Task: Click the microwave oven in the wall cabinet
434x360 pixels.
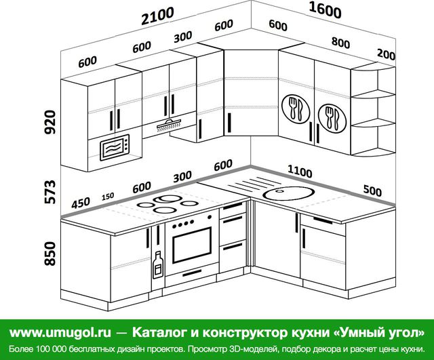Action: click(x=115, y=147)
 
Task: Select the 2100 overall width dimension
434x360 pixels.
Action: click(x=158, y=16)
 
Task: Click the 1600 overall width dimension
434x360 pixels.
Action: click(x=325, y=10)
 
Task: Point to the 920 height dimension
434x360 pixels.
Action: click(x=50, y=122)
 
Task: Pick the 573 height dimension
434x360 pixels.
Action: click(x=50, y=192)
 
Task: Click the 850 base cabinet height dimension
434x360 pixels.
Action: click(x=50, y=254)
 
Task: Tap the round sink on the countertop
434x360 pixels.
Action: click(x=288, y=193)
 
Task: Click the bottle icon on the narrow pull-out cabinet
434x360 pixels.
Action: click(x=158, y=264)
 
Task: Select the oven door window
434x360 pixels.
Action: click(x=191, y=245)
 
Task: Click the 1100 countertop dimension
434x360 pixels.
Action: click(x=300, y=172)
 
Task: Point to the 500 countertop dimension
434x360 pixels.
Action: click(x=372, y=191)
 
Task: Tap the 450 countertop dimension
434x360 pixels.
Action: click(x=81, y=203)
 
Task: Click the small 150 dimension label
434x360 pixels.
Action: click(x=108, y=197)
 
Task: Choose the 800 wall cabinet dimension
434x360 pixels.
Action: click(x=340, y=43)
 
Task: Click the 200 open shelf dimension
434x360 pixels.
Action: click(x=386, y=54)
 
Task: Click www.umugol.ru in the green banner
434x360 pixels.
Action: click(x=60, y=332)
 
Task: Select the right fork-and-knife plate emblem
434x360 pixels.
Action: click(x=332, y=119)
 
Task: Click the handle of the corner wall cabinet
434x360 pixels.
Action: click(x=229, y=123)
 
